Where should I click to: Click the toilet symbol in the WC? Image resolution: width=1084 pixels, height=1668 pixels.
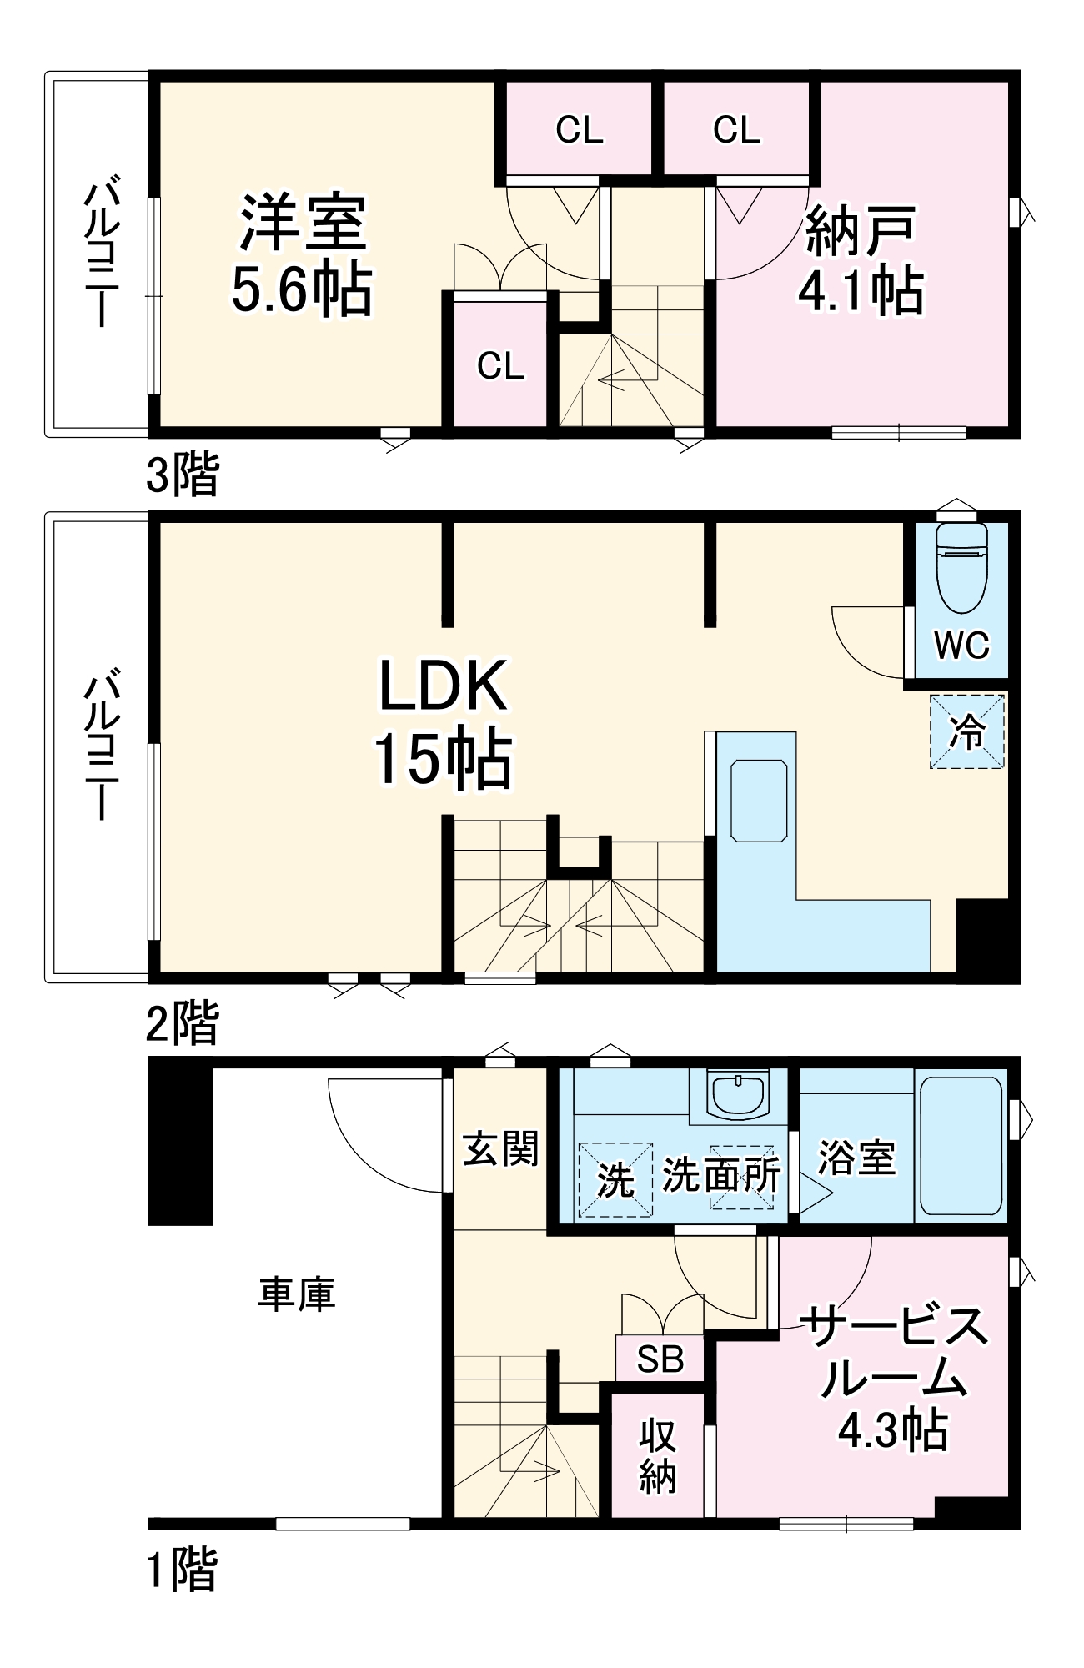pos(961,567)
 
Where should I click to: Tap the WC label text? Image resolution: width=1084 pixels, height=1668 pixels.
pos(961,645)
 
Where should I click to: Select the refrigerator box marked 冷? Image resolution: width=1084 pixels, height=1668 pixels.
pos(967,731)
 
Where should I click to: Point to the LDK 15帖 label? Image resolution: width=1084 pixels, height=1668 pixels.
pos(442,721)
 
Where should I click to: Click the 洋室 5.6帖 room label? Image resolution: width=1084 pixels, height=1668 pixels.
pos(302,254)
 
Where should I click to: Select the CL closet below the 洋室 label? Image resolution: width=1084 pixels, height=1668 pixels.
pos(500,365)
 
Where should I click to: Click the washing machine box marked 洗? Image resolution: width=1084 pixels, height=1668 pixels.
pos(615,1178)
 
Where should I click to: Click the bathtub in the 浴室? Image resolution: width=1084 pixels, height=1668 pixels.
pos(961,1144)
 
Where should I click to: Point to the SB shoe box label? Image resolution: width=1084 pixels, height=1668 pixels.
pos(660,1359)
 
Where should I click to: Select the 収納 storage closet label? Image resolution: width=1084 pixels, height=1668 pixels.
pos(657,1455)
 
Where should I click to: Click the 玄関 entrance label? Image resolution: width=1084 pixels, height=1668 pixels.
pos(500,1149)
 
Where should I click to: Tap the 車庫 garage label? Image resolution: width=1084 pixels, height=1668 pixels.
pos(296,1294)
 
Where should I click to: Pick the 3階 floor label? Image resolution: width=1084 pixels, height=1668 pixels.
pos(183,475)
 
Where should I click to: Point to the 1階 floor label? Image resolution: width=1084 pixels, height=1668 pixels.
pos(183,1570)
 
